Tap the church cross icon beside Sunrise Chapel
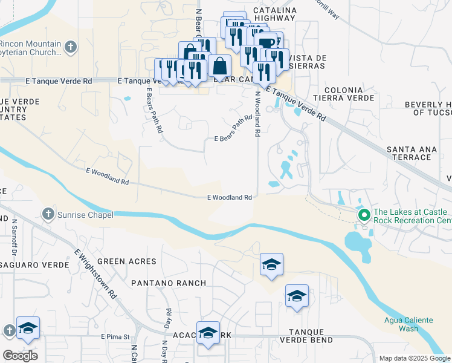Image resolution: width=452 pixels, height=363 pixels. (x=48, y=214)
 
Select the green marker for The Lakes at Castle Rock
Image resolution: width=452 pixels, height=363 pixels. (x=364, y=215)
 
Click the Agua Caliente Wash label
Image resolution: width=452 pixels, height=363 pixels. (x=400, y=324)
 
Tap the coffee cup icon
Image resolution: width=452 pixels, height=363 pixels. (x=266, y=42)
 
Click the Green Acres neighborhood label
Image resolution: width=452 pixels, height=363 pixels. (x=127, y=261)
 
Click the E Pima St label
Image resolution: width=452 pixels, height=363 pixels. (x=115, y=336)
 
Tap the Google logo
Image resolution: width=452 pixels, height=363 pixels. (x=20, y=356)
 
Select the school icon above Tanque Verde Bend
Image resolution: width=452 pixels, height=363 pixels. (x=297, y=296)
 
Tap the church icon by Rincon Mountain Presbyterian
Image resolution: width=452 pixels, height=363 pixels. (x=71, y=47)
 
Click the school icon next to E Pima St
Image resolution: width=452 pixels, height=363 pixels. (x=28, y=328)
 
